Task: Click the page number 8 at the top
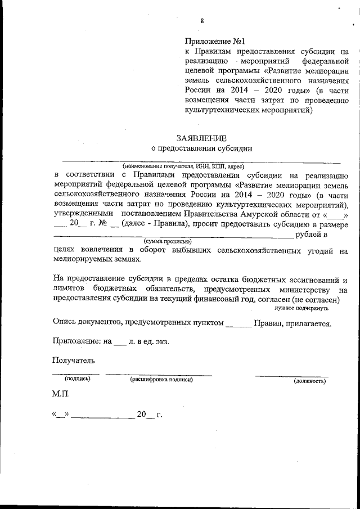[x=201, y=21]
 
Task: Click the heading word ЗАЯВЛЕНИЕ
[x=201, y=138]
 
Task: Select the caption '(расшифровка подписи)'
[x=161, y=380]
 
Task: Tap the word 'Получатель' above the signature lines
[x=74, y=361]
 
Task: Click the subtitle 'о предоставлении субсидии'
[x=201, y=149]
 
